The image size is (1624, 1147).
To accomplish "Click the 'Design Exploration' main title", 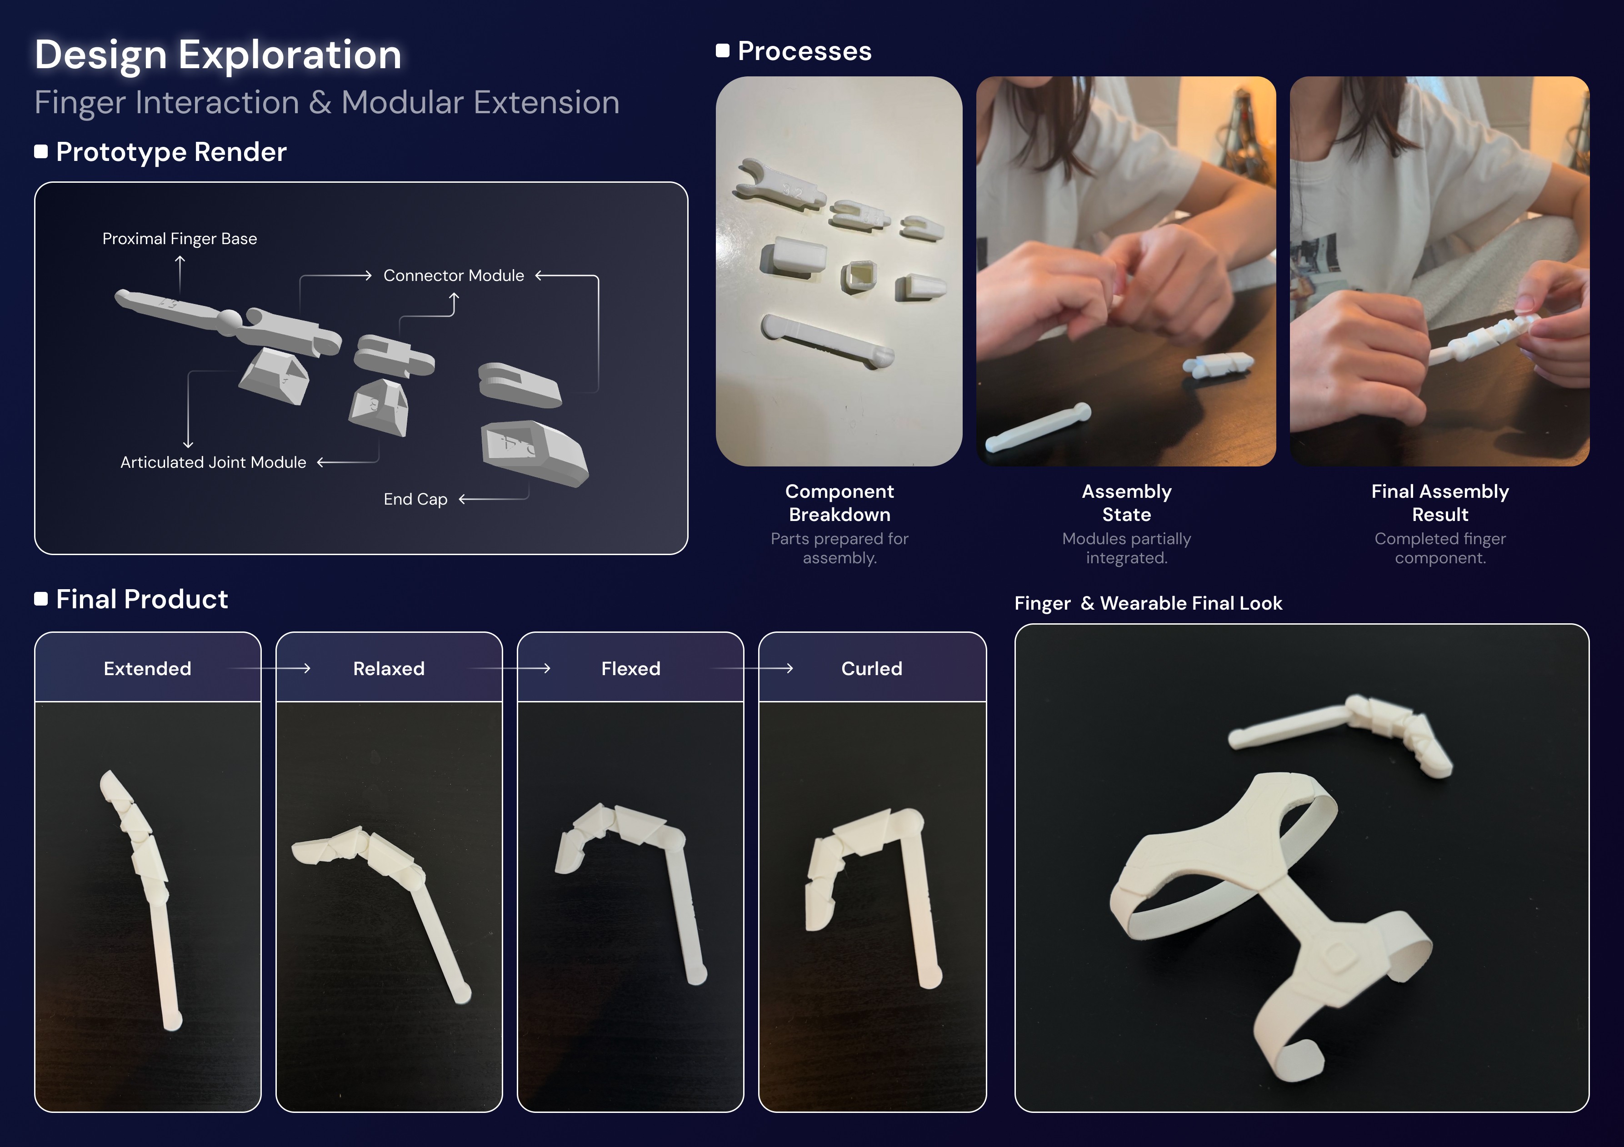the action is [x=218, y=55].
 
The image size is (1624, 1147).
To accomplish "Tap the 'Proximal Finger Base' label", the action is [x=180, y=239].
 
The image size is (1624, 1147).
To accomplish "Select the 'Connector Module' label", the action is [x=454, y=275].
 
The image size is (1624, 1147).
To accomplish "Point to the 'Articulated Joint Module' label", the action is [x=213, y=462].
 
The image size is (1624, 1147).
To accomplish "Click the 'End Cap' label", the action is [x=415, y=499].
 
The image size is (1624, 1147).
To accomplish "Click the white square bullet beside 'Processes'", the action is [x=722, y=51].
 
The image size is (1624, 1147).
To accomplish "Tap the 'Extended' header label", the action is [x=147, y=669].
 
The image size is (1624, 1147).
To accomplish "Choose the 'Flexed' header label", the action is [x=630, y=669].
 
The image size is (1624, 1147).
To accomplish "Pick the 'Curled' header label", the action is [x=871, y=669].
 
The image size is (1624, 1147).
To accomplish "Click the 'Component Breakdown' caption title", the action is [x=839, y=502].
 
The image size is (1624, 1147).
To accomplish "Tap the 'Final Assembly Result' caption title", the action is [x=1440, y=502].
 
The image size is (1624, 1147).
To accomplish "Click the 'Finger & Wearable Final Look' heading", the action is [x=1148, y=603].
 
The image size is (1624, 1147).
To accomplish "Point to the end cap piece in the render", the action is [x=534, y=453].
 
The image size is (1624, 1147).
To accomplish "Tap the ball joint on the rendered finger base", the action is [x=230, y=322].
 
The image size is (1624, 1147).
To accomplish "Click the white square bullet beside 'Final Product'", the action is [x=41, y=599].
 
